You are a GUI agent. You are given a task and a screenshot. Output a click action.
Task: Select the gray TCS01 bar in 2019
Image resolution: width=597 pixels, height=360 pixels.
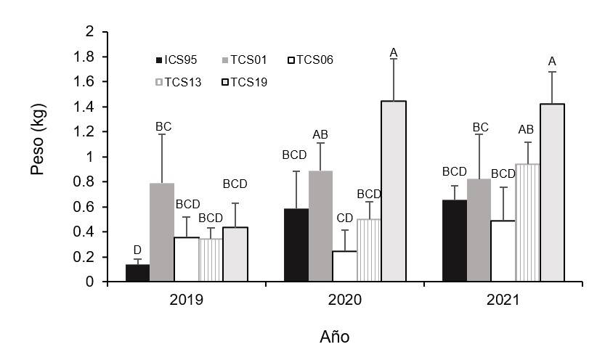pos(161,232)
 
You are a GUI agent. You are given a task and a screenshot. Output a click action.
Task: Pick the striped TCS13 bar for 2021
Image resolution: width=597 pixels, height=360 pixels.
pos(528,223)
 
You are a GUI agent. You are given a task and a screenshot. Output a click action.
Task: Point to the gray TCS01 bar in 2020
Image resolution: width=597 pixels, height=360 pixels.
pos(320,226)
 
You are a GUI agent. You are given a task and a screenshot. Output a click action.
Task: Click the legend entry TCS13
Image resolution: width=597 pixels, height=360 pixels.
pos(181,82)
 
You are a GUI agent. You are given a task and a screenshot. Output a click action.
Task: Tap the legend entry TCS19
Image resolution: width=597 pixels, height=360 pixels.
pos(246,82)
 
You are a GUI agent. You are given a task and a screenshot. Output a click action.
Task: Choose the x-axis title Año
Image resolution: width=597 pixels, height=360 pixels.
pos(335,337)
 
